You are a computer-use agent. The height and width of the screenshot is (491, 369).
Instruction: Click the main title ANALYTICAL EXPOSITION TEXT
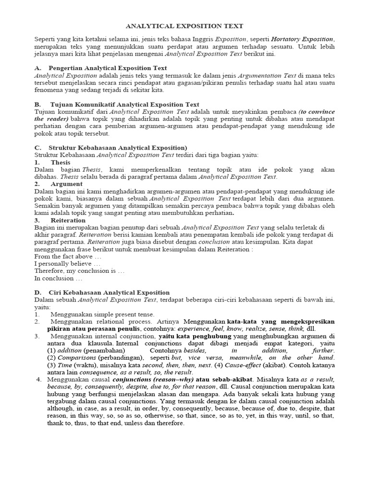coord(184,26)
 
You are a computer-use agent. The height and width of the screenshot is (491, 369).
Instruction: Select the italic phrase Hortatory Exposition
coord(302,39)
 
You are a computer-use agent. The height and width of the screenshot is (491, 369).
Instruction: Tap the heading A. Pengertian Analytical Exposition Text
coord(101,69)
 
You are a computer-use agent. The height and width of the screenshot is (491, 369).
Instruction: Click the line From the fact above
coord(67,256)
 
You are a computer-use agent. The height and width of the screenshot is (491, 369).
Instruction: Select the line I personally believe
coord(67,263)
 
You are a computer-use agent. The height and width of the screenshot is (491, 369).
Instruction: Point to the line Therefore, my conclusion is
coord(79,271)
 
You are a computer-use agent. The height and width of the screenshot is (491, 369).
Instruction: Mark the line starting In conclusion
coord(58,278)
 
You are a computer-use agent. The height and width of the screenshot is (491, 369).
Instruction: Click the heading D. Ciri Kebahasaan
coord(102,292)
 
